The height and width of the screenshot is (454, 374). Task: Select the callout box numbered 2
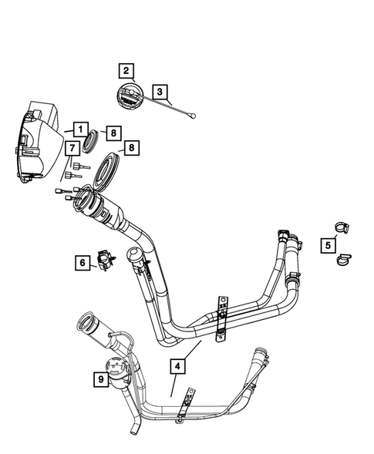click(125, 72)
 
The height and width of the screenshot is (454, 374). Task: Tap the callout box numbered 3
click(159, 92)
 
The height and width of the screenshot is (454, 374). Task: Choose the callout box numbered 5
click(329, 245)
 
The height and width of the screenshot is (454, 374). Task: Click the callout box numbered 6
click(82, 263)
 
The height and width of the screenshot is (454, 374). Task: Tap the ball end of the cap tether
click(194, 118)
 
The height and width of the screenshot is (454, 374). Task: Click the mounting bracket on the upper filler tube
click(222, 317)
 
